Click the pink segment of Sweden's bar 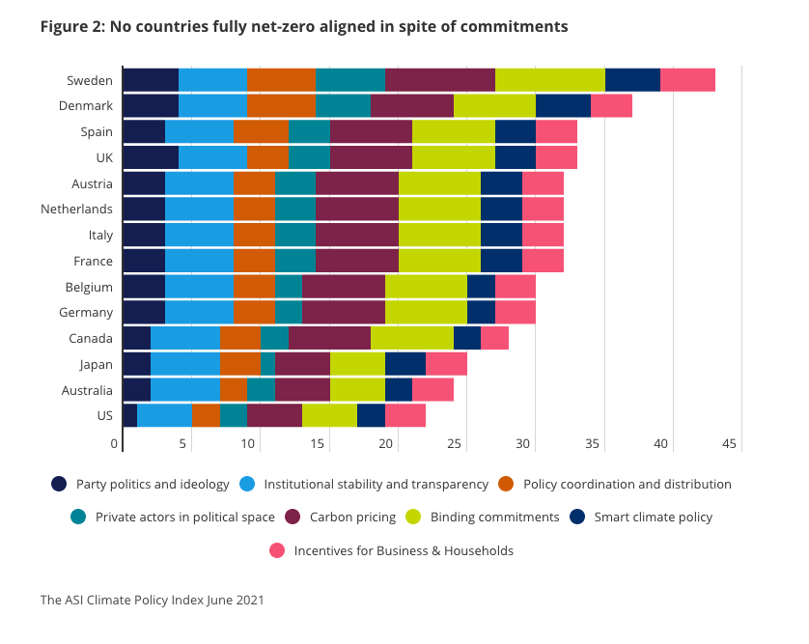(687, 80)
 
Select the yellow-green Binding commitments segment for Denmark (494, 106)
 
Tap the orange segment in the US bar (206, 416)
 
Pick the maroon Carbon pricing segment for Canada (329, 339)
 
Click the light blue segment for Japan (184, 365)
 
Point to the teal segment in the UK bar (309, 157)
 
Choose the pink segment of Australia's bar (432, 390)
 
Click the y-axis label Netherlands (76, 210)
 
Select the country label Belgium (90, 287)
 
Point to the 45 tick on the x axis (729, 444)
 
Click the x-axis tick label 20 (386, 444)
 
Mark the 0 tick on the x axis (115, 444)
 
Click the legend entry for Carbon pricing (352, 517)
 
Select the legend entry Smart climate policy (653, 517)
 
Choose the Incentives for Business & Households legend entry (404, 550)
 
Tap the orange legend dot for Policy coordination (507, 484)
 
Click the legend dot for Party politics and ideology (59, 484)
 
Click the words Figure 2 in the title (70, 26)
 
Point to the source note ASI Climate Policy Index (152, 600)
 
